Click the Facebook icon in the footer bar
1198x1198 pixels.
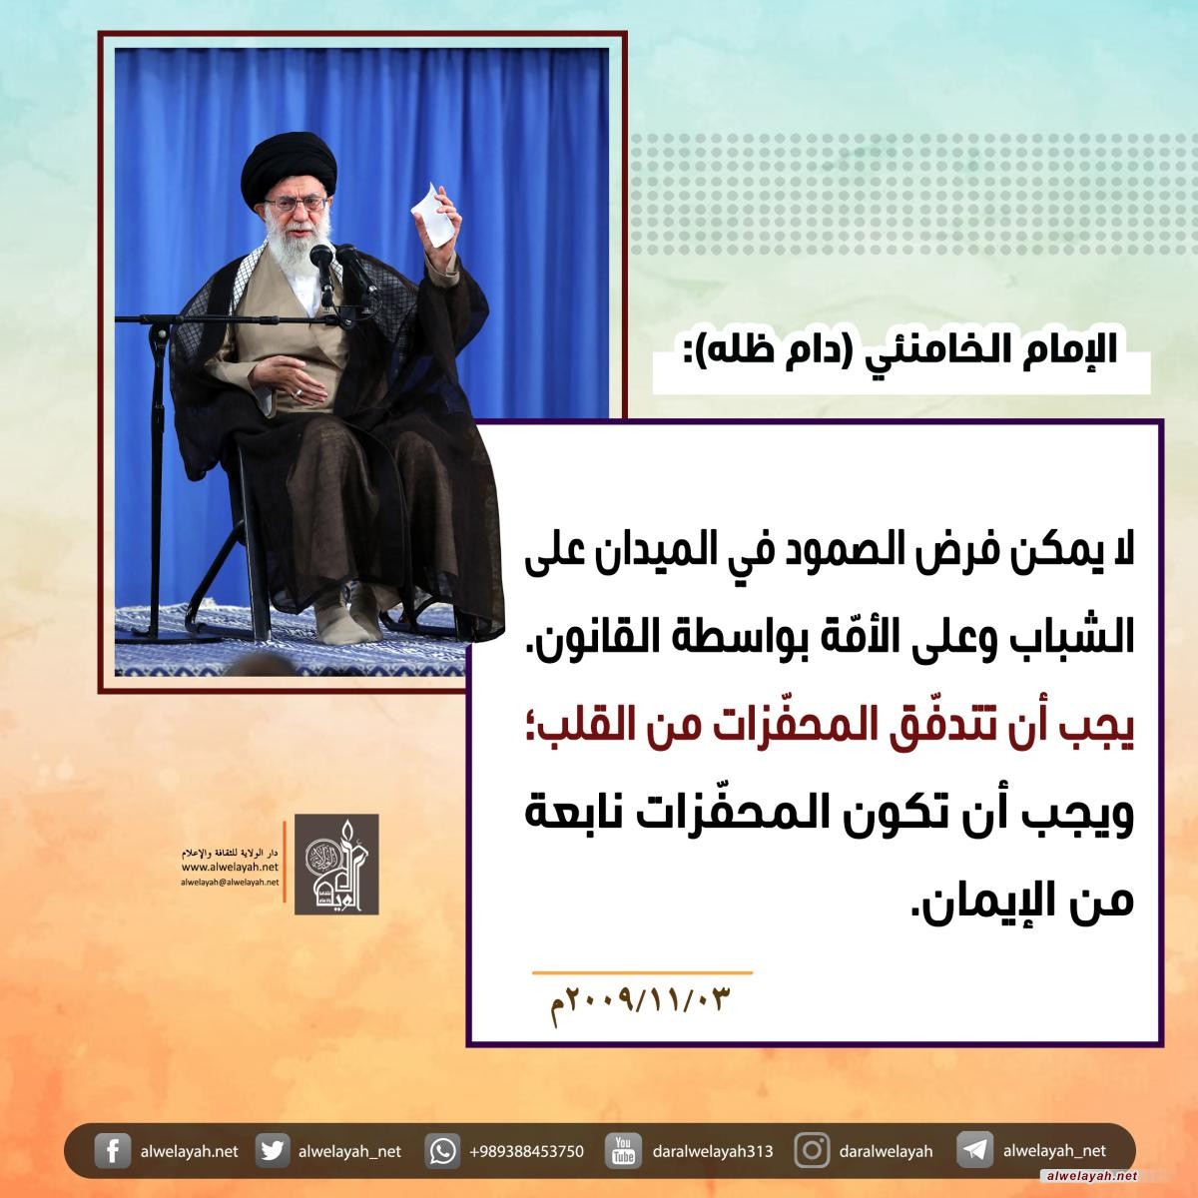(x=112, y=1151)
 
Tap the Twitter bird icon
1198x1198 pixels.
(x=272, y=1151)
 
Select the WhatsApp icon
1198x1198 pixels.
(x=442, y=1151)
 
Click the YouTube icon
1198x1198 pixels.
(x=623, y=1151)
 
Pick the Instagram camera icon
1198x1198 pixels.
(x=812, y=1151)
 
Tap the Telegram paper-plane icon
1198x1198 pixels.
(x=974, y=1151)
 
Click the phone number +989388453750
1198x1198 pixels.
(x=526, y=1152)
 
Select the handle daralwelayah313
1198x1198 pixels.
(x=713, y=1152)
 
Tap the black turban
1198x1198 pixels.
(x=290, y=165)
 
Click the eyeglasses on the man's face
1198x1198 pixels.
(x=296, y=204)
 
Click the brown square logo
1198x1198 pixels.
(x=336, y=865)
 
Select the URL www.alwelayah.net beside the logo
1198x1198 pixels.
(x=230, y=867)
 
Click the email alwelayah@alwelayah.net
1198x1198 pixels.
(x=230, y=882)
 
